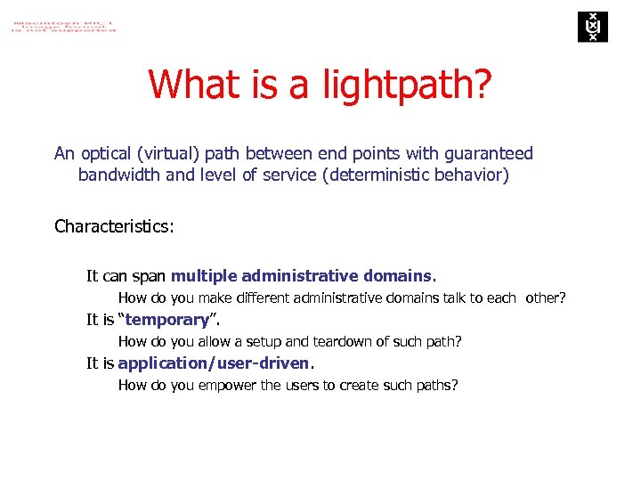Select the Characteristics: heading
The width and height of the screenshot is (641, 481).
(114, 225)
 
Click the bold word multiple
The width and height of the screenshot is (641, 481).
(204, 275)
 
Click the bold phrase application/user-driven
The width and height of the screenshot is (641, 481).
(214, 363)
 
